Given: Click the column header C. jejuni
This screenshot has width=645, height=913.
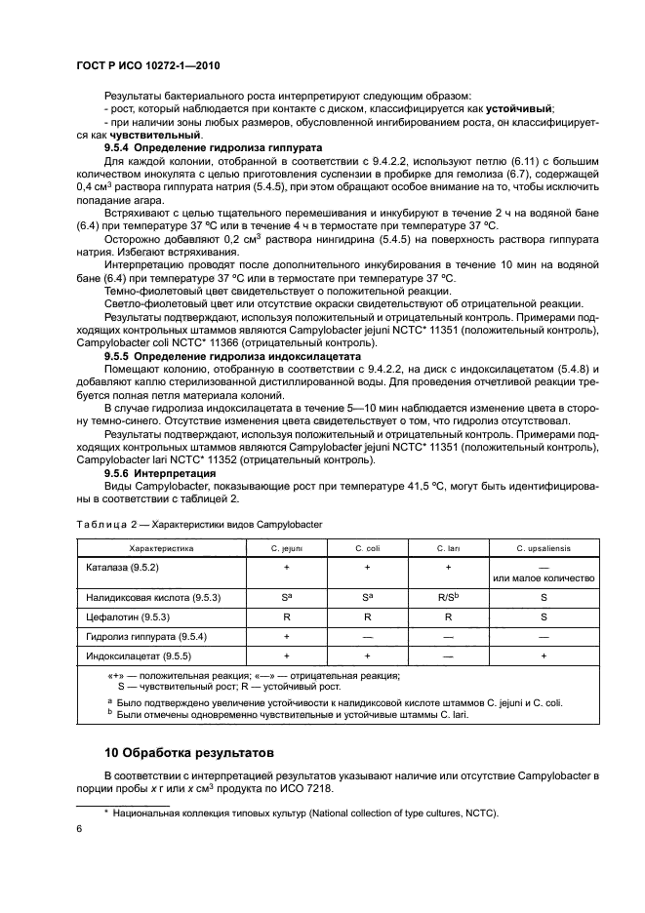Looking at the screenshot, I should (286, 549).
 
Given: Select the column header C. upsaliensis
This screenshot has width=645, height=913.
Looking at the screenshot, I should (542, 549).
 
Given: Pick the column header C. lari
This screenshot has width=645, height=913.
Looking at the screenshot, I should (448, 549).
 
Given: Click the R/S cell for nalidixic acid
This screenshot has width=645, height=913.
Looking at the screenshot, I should (448, 595).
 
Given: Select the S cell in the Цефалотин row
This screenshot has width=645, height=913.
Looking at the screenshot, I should (543, 617).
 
